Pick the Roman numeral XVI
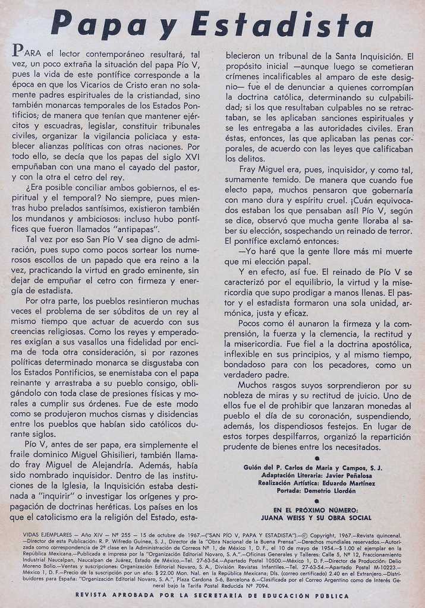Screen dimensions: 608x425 188,156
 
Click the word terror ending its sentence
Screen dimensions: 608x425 398,230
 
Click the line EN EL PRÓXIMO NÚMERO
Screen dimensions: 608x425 316,510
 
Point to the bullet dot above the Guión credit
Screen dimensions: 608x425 317,458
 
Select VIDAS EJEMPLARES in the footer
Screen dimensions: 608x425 48,535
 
